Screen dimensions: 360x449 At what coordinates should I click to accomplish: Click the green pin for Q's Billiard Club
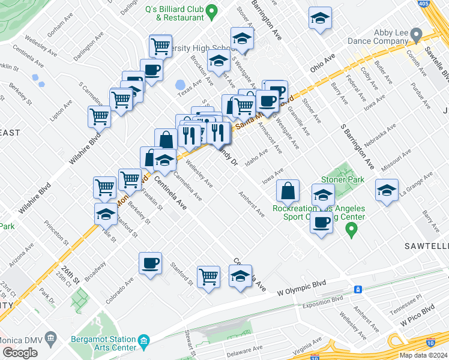211,11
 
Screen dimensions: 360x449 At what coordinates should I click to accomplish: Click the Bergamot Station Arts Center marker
143,343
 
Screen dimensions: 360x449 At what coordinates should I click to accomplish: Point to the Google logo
19,353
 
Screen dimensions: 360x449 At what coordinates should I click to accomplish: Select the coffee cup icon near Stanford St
150,262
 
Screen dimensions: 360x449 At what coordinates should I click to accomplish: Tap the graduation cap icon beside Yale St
106,213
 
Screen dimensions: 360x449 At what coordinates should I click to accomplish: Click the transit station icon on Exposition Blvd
358,289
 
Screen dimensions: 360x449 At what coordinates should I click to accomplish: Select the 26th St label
73,272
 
